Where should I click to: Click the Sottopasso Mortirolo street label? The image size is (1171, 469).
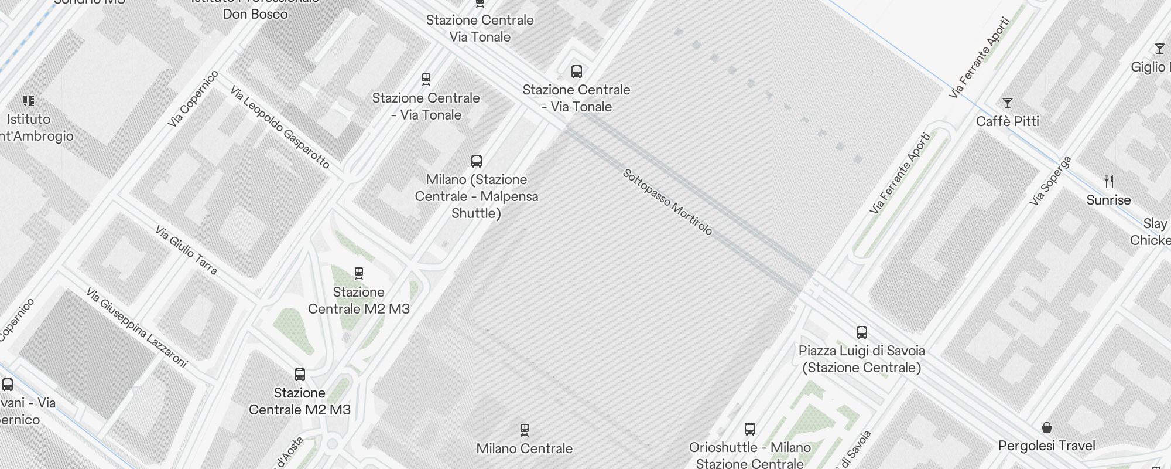667,202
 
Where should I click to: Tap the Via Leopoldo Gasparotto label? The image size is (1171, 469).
280,127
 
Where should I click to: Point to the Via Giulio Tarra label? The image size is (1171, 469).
186,250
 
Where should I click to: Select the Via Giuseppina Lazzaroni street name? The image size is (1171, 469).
136,328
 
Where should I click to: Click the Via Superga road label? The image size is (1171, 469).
1050,181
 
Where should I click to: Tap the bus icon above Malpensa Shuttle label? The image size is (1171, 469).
477,161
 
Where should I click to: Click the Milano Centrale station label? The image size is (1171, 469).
524,448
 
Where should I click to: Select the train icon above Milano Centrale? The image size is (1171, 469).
525,430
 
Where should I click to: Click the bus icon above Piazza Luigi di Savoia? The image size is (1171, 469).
861,332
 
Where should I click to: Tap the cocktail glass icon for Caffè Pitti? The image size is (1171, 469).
1007,104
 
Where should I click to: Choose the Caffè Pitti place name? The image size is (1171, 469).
1007,121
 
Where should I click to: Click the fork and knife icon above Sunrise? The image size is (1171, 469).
1108,182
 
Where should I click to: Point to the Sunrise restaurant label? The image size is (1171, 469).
1108,200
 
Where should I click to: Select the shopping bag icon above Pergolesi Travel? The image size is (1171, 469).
1047,427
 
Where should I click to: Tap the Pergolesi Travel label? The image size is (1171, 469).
1046,446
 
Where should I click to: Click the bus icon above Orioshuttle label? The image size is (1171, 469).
749,429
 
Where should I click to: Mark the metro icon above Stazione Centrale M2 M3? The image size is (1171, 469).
359,273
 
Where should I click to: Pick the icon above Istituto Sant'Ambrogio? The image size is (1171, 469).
28,101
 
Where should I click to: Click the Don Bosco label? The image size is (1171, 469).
255,13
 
